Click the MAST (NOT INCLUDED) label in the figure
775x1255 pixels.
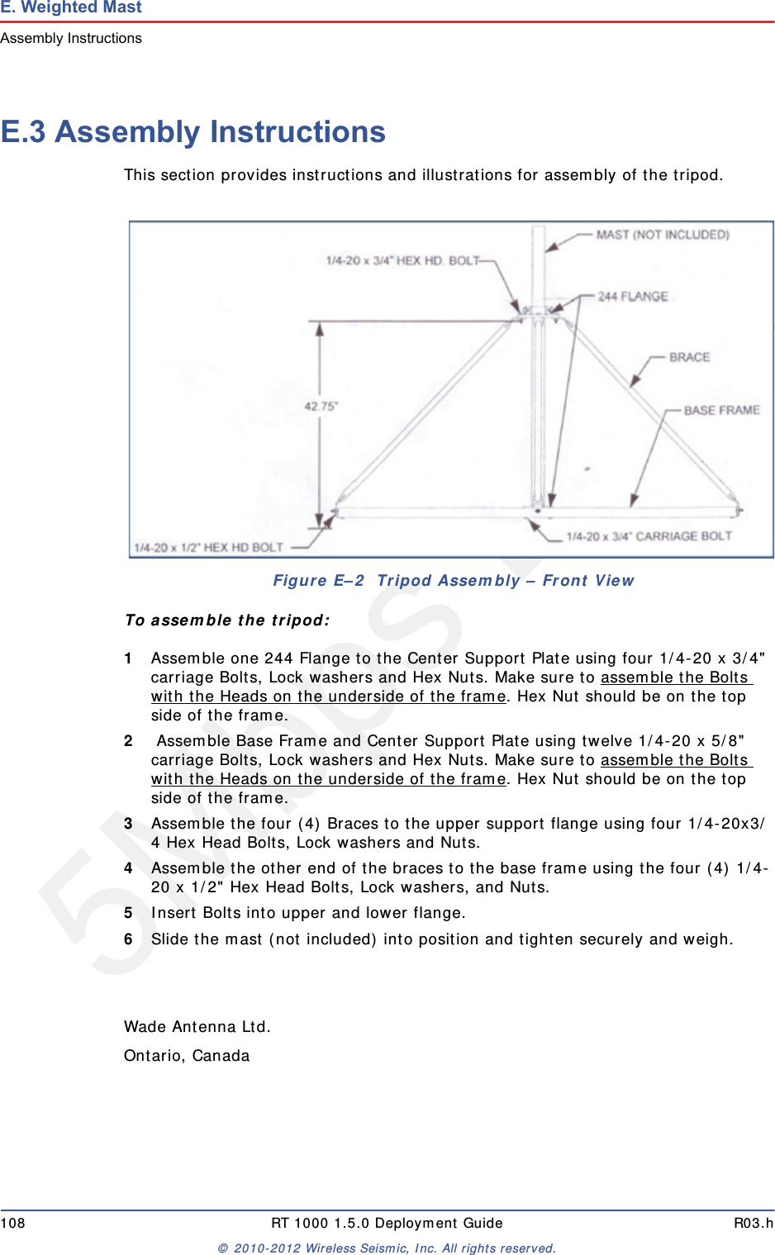tap(662, 235)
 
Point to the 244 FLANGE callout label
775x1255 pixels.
tap(633, 296)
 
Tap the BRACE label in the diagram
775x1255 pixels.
tap(689, 357)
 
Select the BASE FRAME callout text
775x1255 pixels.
tap(721, 410)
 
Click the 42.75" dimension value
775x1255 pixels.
tap(321, 406)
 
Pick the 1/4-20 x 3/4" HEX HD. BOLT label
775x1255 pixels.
tap(402, 260)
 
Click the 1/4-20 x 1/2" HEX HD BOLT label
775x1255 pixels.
tap(208, 547)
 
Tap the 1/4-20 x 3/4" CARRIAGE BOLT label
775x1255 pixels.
tap(649, 536)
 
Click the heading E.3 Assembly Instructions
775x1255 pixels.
tap(193, 132)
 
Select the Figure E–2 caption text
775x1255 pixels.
tap(453, 581)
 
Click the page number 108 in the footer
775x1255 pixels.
tap(13, 1223)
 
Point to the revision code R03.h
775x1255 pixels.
tap(753, 1223)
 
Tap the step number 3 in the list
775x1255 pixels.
tap(128, 824)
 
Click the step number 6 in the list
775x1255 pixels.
tap(128, 939)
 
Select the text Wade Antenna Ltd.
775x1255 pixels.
tap(197, 1027)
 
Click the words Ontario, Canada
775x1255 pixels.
tap(187, 1056)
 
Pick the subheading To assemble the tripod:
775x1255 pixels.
tap(227, 620)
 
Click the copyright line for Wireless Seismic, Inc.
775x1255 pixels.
tap(387, 1248)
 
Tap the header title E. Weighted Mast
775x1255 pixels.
tap(71, 7)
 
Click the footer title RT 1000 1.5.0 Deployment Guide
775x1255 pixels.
tap(387, 1223)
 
